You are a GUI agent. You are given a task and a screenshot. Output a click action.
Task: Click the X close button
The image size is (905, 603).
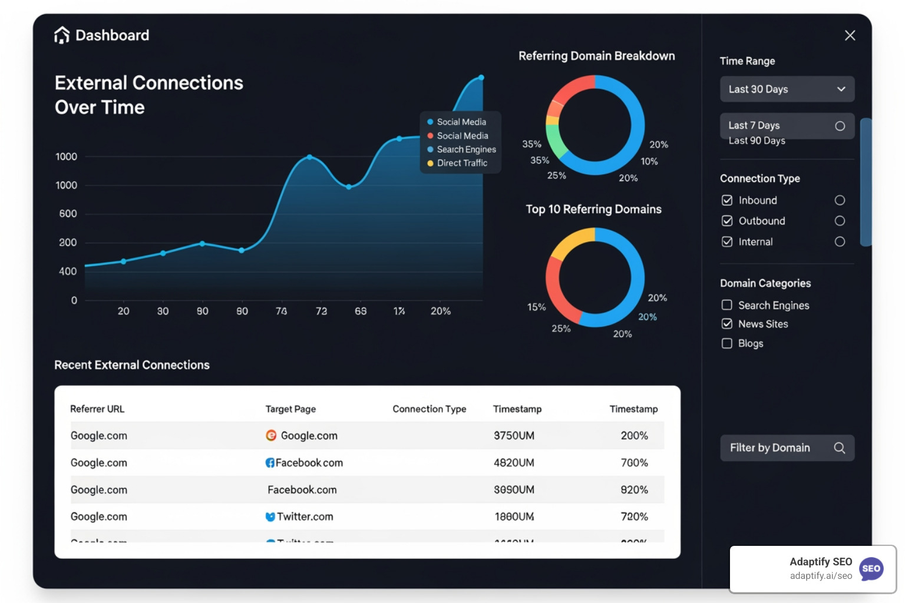(x=850, y=35)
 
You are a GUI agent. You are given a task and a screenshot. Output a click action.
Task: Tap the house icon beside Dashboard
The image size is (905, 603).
(x=62, y=35)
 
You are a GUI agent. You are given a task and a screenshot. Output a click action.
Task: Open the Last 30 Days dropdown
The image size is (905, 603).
(x=787, y=90)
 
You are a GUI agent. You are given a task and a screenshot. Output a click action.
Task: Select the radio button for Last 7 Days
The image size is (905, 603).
(x=840, y=126)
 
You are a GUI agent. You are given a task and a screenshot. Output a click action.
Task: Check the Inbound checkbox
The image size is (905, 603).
(x=727, y=200)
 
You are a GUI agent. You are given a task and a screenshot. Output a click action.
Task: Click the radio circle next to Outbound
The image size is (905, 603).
(x=840, y=221)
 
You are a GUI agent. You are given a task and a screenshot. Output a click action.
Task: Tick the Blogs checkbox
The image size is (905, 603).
(x=727, y=343)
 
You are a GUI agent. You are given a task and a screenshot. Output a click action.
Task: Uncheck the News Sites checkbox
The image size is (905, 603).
(x=727, y=324)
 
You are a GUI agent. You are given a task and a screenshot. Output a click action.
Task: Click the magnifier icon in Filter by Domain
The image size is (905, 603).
(x=840, y=448)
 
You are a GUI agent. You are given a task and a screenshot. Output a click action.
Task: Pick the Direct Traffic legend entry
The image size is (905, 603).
(x=461, y=163)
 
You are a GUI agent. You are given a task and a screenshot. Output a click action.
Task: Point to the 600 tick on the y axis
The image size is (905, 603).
(x=68, y=214)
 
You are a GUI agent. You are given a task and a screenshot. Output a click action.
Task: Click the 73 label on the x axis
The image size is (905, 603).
(x=321, y=311)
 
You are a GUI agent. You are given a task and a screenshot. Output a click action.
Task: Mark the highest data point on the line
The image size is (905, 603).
(x=481, y=78)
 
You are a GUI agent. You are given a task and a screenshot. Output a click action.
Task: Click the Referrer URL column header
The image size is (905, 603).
(x=97, y=409)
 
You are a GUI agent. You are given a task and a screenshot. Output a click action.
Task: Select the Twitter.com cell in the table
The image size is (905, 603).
(x=305, y=516)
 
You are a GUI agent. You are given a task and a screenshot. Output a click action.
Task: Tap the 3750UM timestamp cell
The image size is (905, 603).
(x=514, y=436)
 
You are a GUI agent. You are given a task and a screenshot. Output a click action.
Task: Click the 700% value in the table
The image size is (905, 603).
(x=634, y=463)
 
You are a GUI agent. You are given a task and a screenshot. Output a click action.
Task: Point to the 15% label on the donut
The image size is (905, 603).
(x=536, y=307)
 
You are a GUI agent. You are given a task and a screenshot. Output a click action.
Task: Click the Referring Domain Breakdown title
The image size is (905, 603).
(x=596, y=56)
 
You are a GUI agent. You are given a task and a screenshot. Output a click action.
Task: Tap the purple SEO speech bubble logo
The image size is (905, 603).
(x=871, y=569)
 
